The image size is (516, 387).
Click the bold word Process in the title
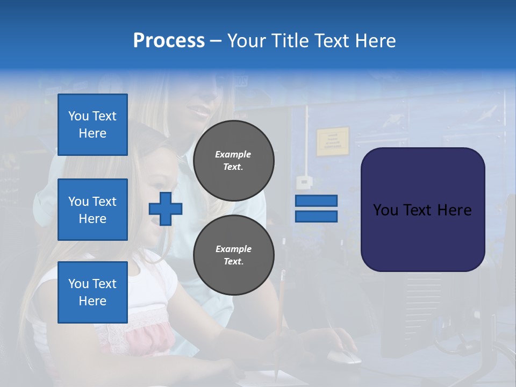click(x=169, y=41)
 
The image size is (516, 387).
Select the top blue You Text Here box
click(x=92, y=125)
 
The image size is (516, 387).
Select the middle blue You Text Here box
click(x=92, y=210)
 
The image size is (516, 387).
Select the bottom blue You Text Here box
click(x=92, y=292)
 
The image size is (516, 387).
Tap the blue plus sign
click(x=166, y=209)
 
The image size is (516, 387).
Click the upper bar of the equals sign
click(x=316, y=200)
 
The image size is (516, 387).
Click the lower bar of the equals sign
click(x=316, y=217)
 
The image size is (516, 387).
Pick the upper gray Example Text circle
click(x=234, y=160)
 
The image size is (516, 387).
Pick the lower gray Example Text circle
click(x=234, y=255)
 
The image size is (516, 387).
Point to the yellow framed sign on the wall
click(x=332, y=141)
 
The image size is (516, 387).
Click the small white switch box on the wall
click(x=304, y=182)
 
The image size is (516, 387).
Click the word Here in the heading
click(x=375, y=41)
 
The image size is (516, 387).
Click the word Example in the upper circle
click(x=233, y=154)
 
